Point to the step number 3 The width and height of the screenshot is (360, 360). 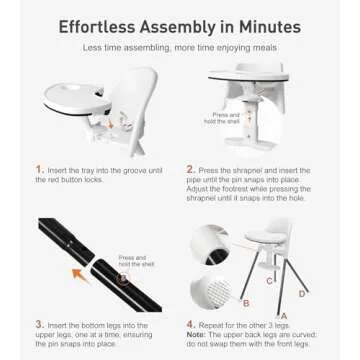tap(39, 324)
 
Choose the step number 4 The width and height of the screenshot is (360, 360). tap(189, 324)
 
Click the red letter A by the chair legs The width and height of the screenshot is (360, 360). tap(284, 314)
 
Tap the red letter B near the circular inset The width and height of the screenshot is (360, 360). tap(246, 301)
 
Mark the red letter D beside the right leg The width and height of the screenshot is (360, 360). tap(302, 293)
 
